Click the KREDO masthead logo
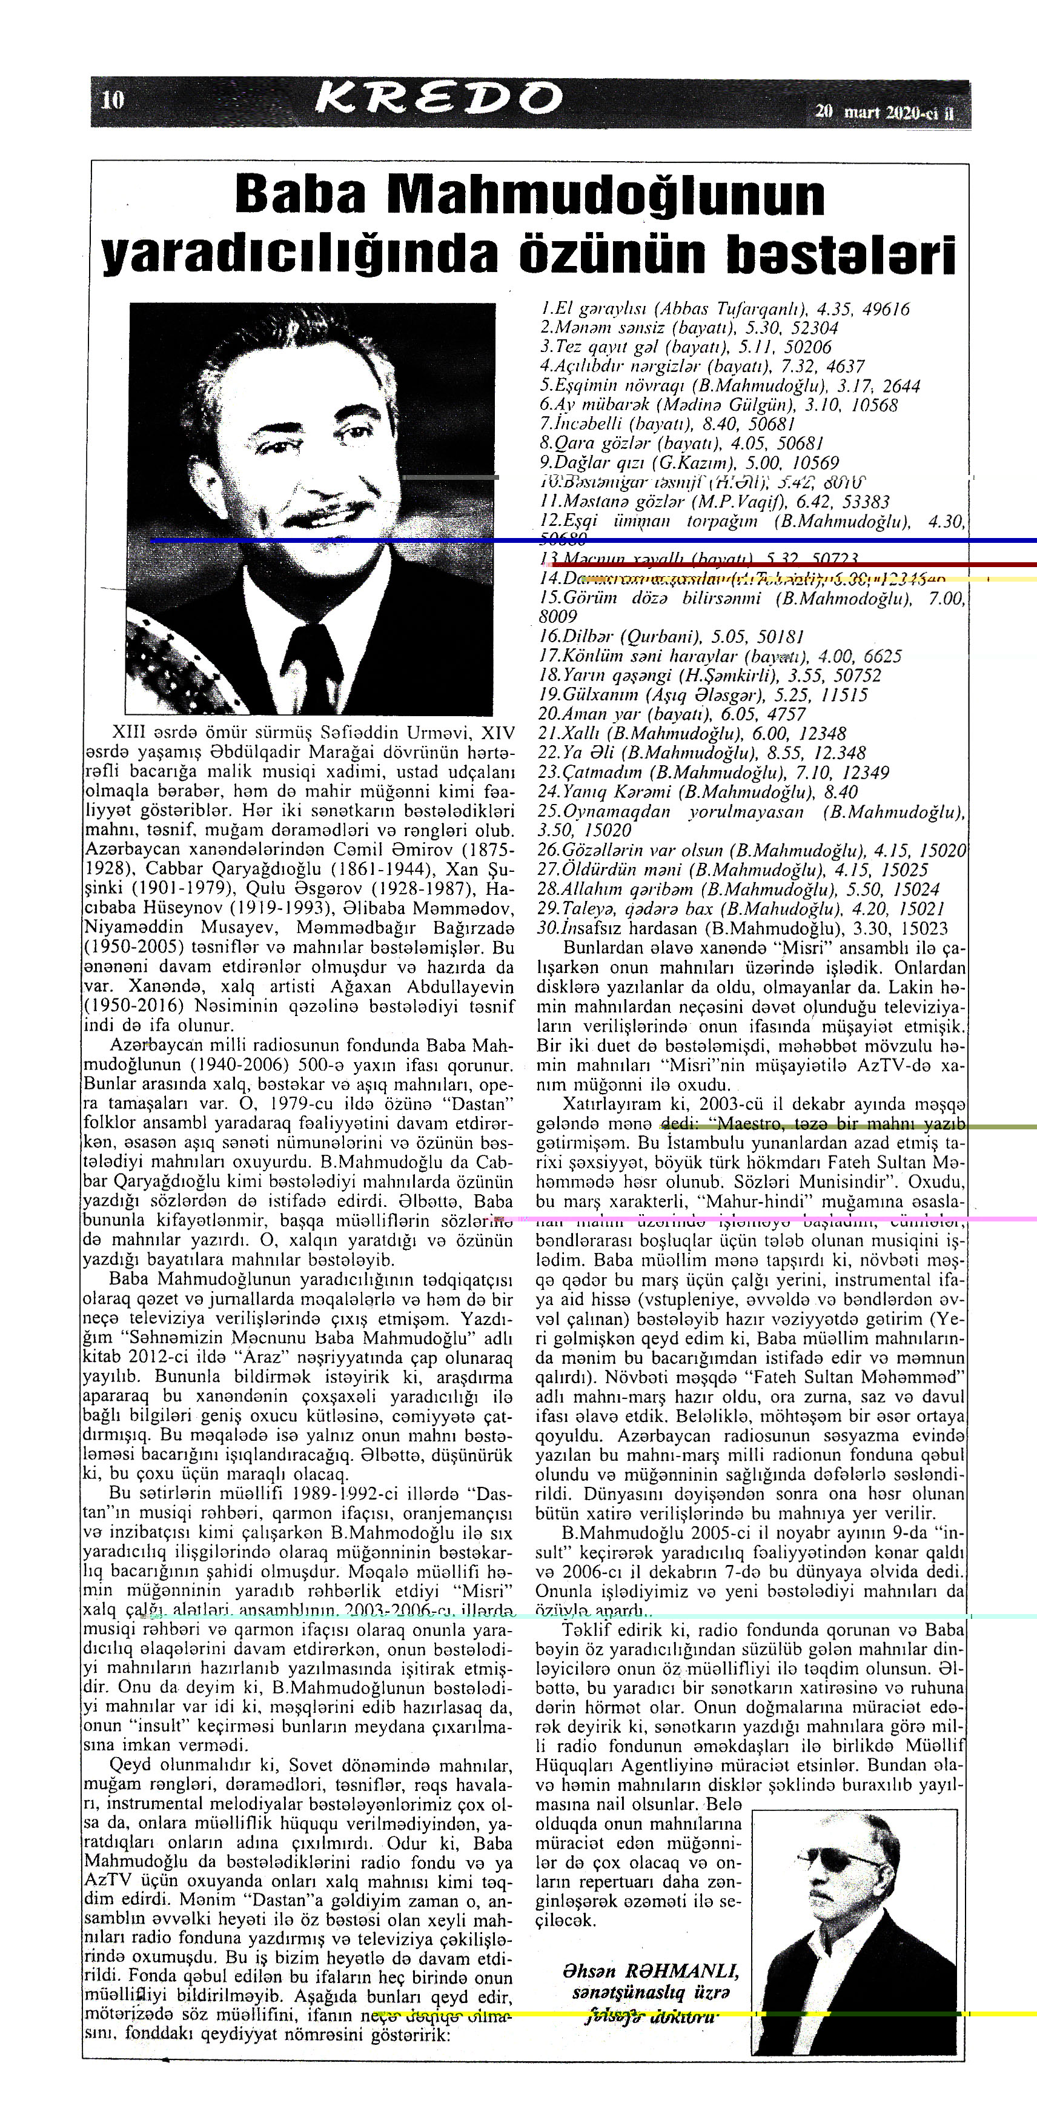[x=439, y=101]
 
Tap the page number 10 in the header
[x=112, y=101]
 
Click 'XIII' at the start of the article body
[x=128, y=732]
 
